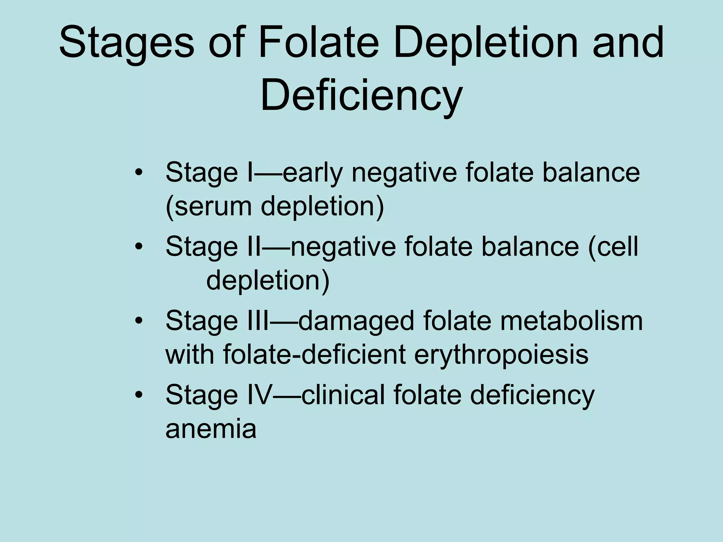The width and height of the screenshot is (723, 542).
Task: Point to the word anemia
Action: [x=211, y=429]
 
